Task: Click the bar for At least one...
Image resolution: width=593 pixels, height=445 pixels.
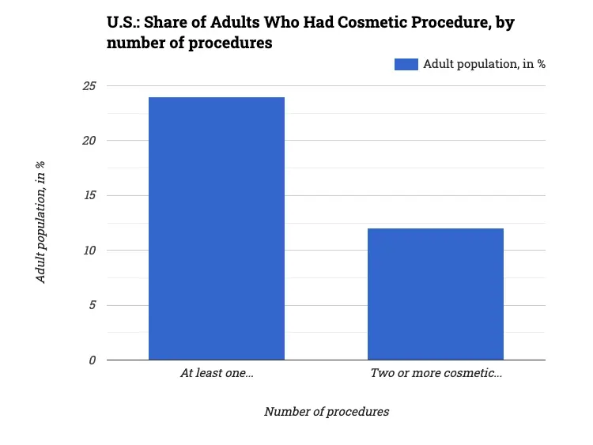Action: (x=217, y=228)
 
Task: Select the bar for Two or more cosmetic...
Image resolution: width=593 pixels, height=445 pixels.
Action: (x=436, y=294)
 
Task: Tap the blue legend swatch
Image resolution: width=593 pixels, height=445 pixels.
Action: (x=406, y=64)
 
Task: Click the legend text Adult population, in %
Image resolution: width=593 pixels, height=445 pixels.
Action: (x=484, y=64)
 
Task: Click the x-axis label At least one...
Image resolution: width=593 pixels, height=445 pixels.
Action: (x=217, y=373)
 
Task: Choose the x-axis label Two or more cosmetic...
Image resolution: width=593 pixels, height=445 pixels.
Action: (x=436, y=373)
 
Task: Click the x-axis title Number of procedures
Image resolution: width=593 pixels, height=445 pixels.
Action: (x=327, y=412)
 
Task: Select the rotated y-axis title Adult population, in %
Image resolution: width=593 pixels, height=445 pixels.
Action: (x=41, y=222)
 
